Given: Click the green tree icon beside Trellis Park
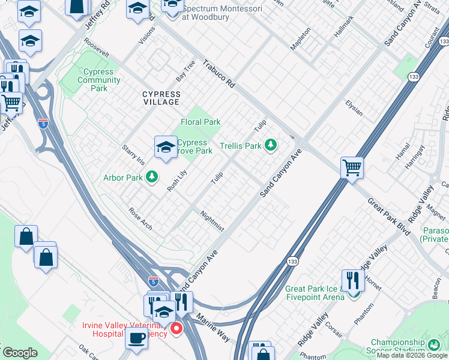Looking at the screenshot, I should (271, 145).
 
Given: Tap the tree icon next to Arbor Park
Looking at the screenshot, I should (152, 176).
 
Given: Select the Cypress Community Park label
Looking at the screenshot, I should (99, 80).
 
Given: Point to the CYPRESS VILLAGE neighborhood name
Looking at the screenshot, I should (161, 98).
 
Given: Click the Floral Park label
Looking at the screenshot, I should (200, 122).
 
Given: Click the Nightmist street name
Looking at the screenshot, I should (212, 220).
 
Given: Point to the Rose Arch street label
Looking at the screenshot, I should (140, 219).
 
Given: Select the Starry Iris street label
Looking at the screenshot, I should (133, 154).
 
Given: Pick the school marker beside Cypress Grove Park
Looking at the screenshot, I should (166, 146).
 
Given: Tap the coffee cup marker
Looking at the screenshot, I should (136, 337).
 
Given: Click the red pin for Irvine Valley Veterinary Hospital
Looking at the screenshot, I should (176, 328).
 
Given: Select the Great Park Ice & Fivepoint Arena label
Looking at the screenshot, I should (315, 292).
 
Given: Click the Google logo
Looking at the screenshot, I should (19, 353).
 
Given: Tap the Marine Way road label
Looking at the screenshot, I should (212, 328).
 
